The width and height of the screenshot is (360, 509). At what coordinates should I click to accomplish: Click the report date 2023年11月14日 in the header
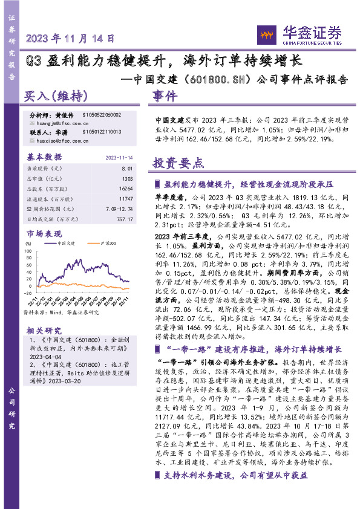(71, 39)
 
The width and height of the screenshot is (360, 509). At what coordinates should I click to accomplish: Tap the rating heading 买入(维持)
(56, 96)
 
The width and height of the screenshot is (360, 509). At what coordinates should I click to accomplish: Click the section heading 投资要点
(178, 163)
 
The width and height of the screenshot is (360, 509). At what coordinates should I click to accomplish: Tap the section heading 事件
(165, 96)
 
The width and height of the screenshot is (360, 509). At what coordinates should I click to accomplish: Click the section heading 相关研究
(44, 331)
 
